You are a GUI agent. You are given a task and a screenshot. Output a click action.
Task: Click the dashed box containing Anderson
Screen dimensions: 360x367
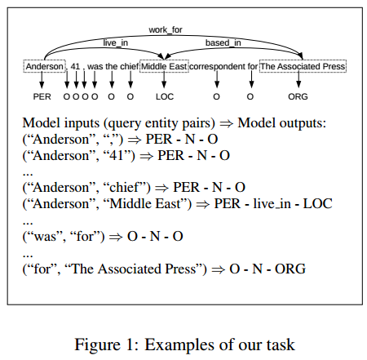(42, 66)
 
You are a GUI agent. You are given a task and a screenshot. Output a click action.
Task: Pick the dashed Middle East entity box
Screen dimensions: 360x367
(164, 66)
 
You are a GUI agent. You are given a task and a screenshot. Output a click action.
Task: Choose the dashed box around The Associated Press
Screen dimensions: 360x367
(302, 66)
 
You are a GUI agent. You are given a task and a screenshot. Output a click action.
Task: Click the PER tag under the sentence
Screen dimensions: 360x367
(42, 96)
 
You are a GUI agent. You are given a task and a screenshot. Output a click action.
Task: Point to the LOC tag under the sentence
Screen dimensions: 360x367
(165, 96)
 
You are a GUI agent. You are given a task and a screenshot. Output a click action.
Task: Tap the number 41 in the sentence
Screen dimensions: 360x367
(75, 66)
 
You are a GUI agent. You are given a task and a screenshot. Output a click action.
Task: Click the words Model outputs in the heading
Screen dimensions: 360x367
(281, 122)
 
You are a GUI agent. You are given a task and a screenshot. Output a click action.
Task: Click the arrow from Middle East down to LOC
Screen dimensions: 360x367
(165, 81)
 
